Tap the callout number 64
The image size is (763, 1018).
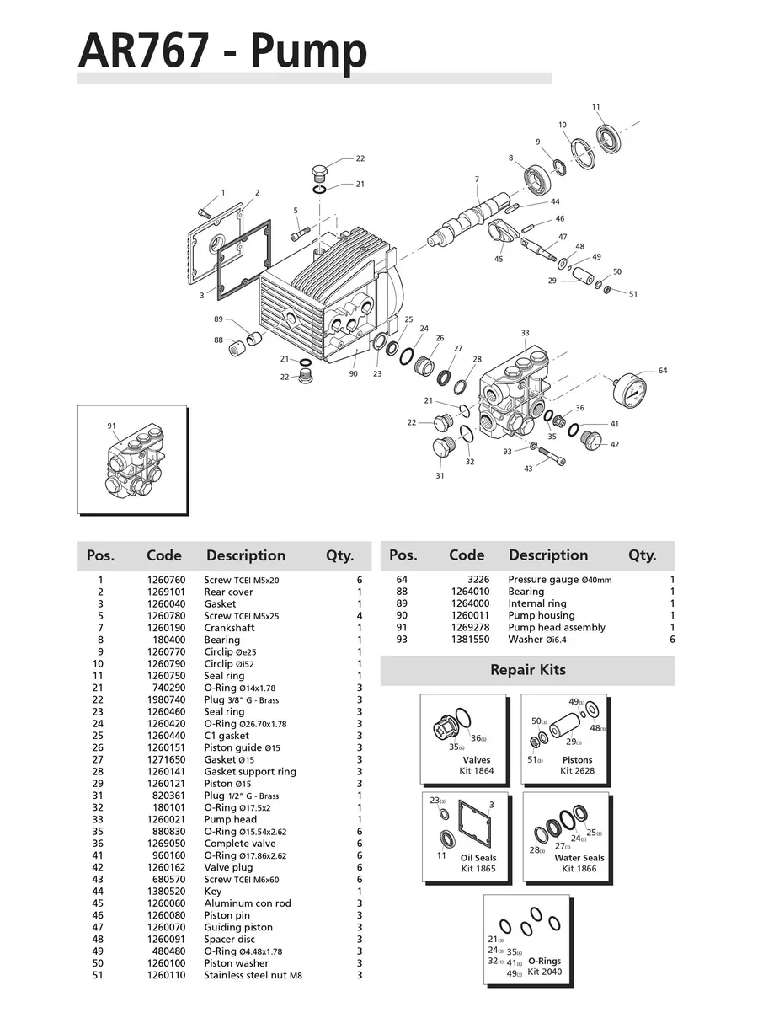click(663, 371)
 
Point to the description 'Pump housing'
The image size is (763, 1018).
click(542, 616)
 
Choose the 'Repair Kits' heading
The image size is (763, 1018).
click(528, 671)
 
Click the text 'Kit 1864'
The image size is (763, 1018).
click(477, 771)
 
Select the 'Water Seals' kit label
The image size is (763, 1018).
click(579, 858)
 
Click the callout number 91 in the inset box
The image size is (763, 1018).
click(111, 426)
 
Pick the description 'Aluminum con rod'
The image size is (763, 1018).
click(248, 903)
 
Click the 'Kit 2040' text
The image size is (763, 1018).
click(544, 972)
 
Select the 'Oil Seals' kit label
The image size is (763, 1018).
click(478, 858)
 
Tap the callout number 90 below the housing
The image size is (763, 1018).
click(353, 373)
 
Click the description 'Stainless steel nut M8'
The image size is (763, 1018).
click(253, 975)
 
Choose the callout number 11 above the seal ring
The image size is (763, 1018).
click(596, 107)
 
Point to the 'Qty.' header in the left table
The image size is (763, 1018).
click(340, 556)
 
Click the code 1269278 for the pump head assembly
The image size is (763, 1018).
click(469, 628)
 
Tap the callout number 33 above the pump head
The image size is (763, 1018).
click(525, 333)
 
